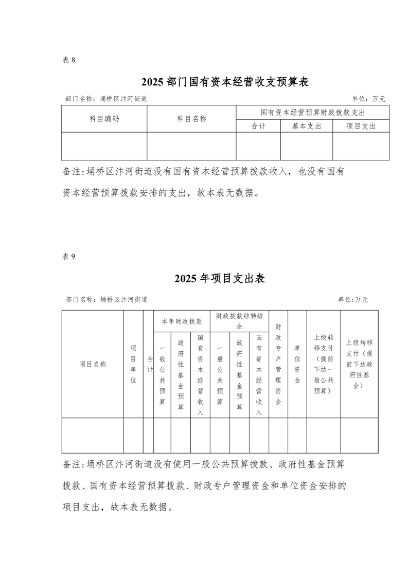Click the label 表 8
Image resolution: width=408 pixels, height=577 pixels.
[x=69, y=60]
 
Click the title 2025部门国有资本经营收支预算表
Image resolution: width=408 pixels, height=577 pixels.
[x=225, y=82]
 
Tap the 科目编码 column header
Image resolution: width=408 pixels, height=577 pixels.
[x=104, y=119]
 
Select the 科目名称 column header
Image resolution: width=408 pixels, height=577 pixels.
[x=191, y=119]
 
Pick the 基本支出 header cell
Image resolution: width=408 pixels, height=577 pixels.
[x=306, y=126]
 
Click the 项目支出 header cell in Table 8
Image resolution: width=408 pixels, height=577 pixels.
[x=361, y=126]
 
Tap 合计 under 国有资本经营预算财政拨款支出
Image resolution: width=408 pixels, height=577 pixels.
[x=258, y=126]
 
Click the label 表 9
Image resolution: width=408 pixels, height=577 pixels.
[x=69, y=257]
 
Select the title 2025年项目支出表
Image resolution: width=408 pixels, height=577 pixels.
[x=219, y=278]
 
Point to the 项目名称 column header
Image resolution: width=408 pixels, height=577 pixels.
[x=93, y=364]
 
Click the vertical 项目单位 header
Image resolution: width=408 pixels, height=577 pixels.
[x=133, y=364]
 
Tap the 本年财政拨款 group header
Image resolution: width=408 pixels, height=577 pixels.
[x=182, y=321]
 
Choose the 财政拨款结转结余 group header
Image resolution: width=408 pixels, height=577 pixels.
[x=239, y=321]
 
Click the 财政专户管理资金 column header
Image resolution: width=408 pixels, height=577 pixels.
[x=278, y=364]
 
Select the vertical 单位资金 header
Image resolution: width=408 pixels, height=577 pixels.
[x=297, y=364]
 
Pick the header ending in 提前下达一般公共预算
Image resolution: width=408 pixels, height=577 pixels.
[x=324, y=364]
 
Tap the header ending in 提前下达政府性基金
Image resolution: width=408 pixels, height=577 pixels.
[x=359, y=364]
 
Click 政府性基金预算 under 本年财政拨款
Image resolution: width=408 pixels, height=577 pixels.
[x=181, y=374]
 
